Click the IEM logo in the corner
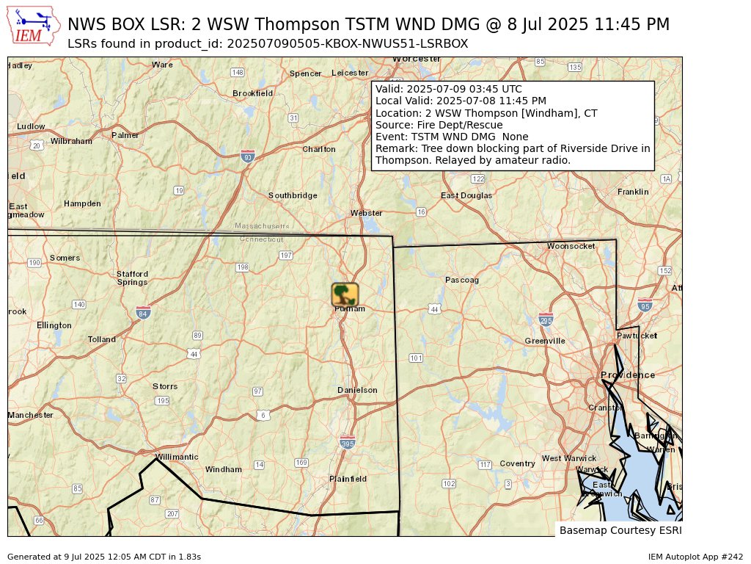[34, 26]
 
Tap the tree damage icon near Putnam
[345, 294]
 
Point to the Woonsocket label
[571, 246]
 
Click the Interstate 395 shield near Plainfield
[348, 442]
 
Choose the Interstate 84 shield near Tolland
[143, 313]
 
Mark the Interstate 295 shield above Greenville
[546, 319]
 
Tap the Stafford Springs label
[132, 278]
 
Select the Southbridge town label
[293, 195]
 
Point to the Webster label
[366, 213]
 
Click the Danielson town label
[357, 390]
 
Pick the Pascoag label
[462, 280]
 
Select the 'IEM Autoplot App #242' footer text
[695, 557]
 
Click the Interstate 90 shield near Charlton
[248, 156]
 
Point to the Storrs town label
[165, 386]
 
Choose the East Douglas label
[466, 195]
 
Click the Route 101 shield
[416, 358]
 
